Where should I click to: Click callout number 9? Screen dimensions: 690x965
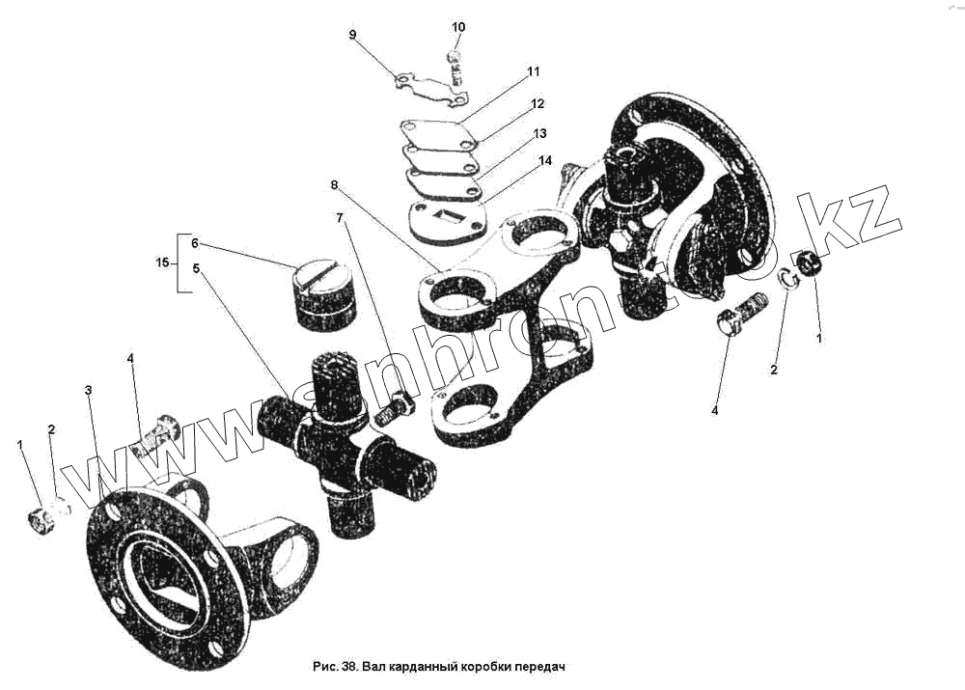[352, 35]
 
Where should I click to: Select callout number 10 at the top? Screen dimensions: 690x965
[457, 27]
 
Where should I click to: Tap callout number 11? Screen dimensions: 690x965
[533, 71]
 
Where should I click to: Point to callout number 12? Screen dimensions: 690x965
[538, 103]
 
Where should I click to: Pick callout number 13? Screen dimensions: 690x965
[539, 132]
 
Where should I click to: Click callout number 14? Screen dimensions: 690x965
[546, 160]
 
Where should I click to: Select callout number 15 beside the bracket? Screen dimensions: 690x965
[162, 262]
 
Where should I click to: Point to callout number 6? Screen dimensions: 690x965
[194, 243]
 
